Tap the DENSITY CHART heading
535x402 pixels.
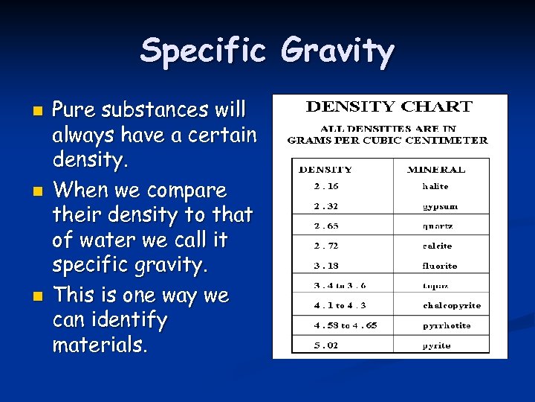tap(389, 106)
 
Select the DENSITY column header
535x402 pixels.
tap(325, 169)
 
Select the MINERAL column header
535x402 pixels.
tap(436, 169)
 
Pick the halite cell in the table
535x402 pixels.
tap(435, 186)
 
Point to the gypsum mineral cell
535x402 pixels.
tap(440, 206)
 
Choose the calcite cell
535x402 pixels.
tap(437, 246)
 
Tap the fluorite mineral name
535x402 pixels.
tap(440, 266)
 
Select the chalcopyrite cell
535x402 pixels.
tap(451, 305)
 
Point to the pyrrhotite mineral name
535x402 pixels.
tap(446, 325)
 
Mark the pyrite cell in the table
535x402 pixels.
tap(436, 345)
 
